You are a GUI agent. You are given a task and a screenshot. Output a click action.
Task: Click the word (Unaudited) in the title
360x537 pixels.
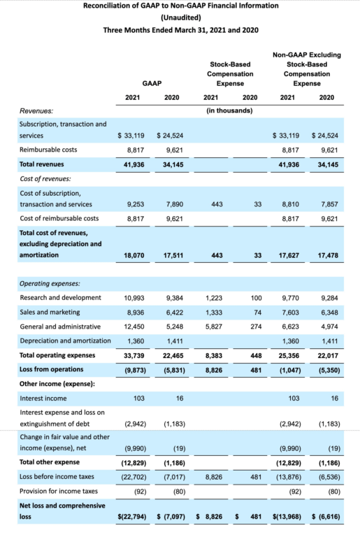point(180,17)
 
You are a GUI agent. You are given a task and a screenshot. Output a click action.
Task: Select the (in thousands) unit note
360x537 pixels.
point(230,110)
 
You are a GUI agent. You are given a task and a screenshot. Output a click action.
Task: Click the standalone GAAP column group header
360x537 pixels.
point(152,83)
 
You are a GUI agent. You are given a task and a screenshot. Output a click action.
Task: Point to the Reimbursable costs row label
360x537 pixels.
point(50,150)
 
